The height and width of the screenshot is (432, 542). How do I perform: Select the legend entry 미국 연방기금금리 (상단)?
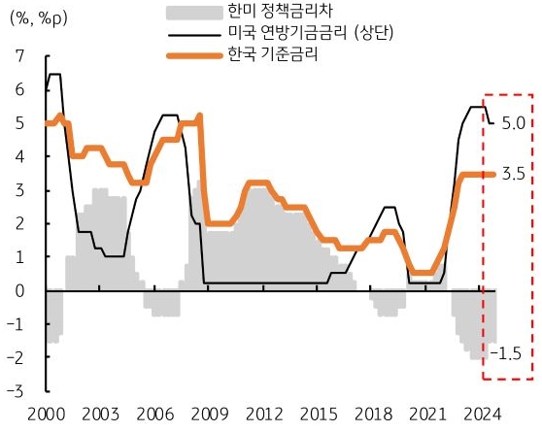coord(303,36)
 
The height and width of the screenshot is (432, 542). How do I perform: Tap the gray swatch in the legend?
coord(188,13)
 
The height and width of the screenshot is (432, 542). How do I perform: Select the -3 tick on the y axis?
coord(18,391)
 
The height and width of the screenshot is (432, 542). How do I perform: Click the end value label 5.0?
coord(515,124)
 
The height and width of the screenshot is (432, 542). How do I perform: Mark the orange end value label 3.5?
coord(515,175)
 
